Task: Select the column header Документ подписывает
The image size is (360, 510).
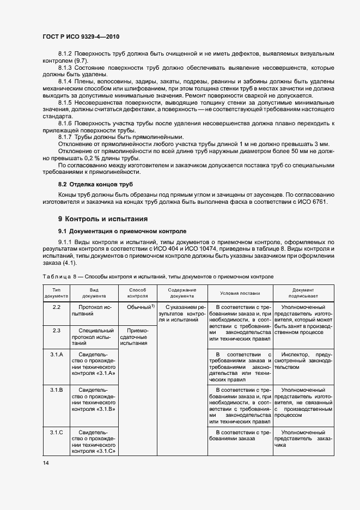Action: [x=303, y=293]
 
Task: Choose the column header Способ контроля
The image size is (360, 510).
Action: [x=137, y=293]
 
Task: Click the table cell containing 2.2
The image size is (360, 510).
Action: [x=56, y=308]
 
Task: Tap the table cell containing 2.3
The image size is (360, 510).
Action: [x=56, y=331]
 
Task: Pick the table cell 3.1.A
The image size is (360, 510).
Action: [x=56, y=355]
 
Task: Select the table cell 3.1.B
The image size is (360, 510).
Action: [x=56, y=390]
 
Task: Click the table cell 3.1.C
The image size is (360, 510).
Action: [x=56, y=432]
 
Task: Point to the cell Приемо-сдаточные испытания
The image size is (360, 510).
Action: [x=137, y=337]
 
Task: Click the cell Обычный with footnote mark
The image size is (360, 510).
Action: [x=138, y=308]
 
